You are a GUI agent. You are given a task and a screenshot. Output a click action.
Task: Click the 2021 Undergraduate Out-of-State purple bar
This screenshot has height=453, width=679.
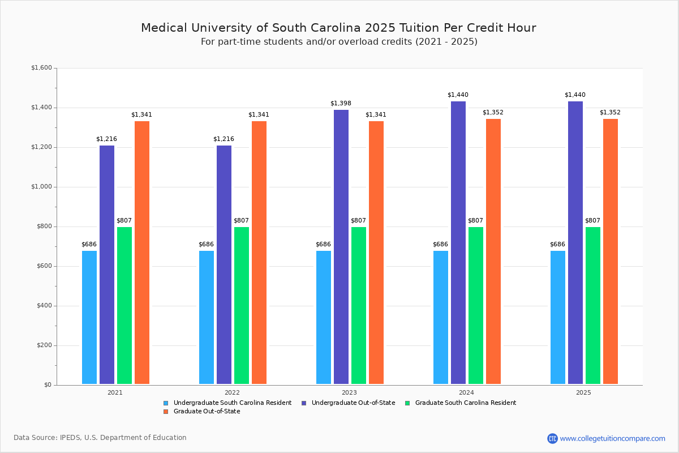click(107, 264)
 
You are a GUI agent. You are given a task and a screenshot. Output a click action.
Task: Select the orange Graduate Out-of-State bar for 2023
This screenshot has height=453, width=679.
click(376, 253)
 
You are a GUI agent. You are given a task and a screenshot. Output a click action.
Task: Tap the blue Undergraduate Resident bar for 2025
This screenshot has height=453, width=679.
click(558, 317)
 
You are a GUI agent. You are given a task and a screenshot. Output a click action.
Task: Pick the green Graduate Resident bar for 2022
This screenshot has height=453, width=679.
click(242, 305)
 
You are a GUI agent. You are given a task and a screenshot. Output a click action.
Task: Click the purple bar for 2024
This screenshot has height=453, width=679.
click(458, 242)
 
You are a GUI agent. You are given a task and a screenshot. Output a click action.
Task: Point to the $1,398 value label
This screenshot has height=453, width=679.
click(341, 103)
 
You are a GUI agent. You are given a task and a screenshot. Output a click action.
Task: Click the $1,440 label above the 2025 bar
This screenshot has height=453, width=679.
click(575, 95)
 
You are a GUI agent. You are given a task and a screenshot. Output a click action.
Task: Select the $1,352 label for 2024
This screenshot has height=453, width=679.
click(493, 112)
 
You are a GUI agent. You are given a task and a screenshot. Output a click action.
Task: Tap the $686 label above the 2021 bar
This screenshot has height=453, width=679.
click(89, 244)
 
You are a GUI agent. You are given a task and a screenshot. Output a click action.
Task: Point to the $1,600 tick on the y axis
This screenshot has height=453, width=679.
click(41, 68)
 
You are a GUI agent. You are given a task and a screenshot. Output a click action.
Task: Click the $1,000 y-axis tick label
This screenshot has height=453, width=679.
click(41, 187)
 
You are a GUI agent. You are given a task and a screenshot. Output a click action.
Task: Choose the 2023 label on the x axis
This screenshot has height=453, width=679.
click(349, 392)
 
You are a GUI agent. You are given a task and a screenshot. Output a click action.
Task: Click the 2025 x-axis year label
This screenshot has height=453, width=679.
click(583, 392)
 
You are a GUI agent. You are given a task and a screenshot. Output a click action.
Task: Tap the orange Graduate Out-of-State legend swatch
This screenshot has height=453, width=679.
click(166, 412)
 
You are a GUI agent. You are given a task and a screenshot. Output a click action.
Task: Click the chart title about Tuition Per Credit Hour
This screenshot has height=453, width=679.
click(338, 28)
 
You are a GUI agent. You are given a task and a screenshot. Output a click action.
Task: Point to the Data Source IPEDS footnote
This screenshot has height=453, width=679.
click(100, 438)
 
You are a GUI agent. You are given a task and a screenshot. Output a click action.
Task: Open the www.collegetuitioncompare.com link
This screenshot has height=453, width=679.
click(612, 438)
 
